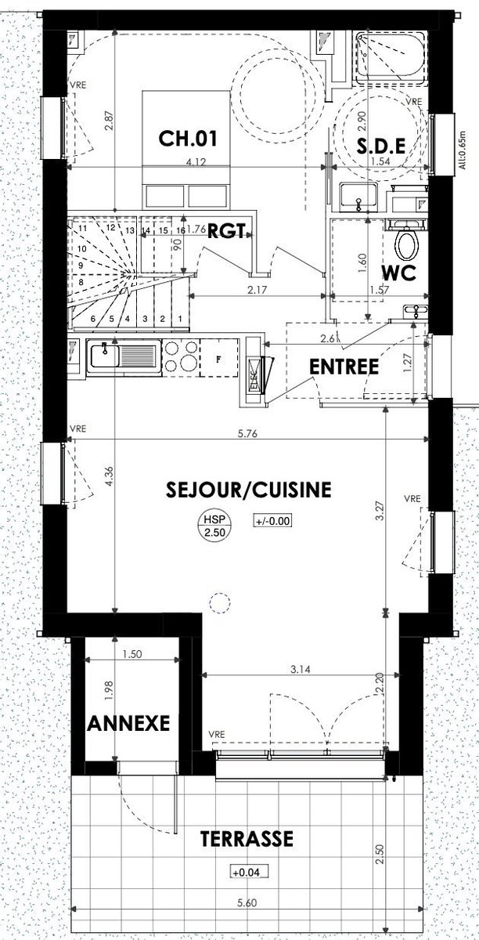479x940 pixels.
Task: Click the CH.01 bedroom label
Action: point(188,139)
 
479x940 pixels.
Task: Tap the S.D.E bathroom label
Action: point(381,146)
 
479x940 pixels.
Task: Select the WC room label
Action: point(398,273)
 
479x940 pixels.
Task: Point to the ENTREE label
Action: point(344,367)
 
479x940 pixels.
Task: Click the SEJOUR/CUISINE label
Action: point(249,490)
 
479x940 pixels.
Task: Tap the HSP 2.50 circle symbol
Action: point(214,526)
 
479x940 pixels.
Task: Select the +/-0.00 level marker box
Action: point(272,521)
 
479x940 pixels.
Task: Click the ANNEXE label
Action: point(128,724)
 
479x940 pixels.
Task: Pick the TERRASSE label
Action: point(247,827)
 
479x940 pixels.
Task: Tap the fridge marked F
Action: point(218,358)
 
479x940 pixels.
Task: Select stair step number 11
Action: point(82,229)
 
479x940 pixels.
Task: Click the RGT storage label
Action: point(226,231)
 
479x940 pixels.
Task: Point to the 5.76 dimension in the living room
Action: point(247,433)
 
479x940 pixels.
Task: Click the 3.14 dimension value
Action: point(301,669)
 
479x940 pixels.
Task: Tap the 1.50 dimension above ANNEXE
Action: point(132,654)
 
